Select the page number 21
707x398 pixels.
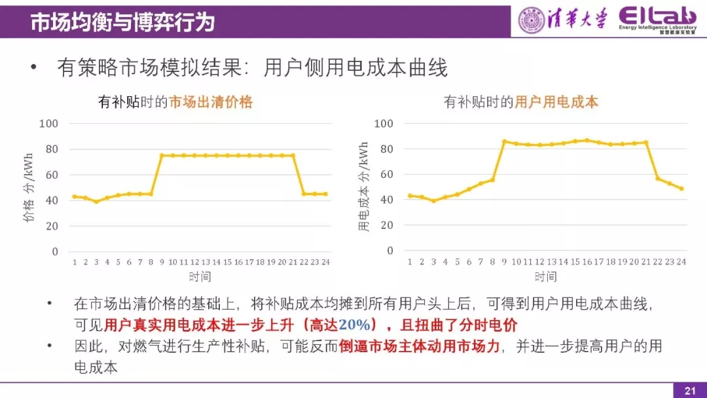coord(689,391)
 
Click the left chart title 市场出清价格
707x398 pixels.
coord(211,102)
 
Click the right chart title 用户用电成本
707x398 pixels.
coord(556,102)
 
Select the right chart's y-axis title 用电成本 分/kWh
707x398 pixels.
coord(364,187)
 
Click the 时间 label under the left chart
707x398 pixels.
coord(200,276)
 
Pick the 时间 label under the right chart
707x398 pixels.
coord(545,276)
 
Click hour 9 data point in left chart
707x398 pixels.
coord(162,155)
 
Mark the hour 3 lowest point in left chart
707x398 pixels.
coord(96,201)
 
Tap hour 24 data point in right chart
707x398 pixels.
coord(681,189)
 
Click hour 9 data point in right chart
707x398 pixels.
coord(504,141)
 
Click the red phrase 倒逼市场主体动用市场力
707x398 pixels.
coord(419,346)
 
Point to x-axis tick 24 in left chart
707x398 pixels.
coord(325,262)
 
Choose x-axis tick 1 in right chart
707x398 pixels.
coord(410,262)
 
